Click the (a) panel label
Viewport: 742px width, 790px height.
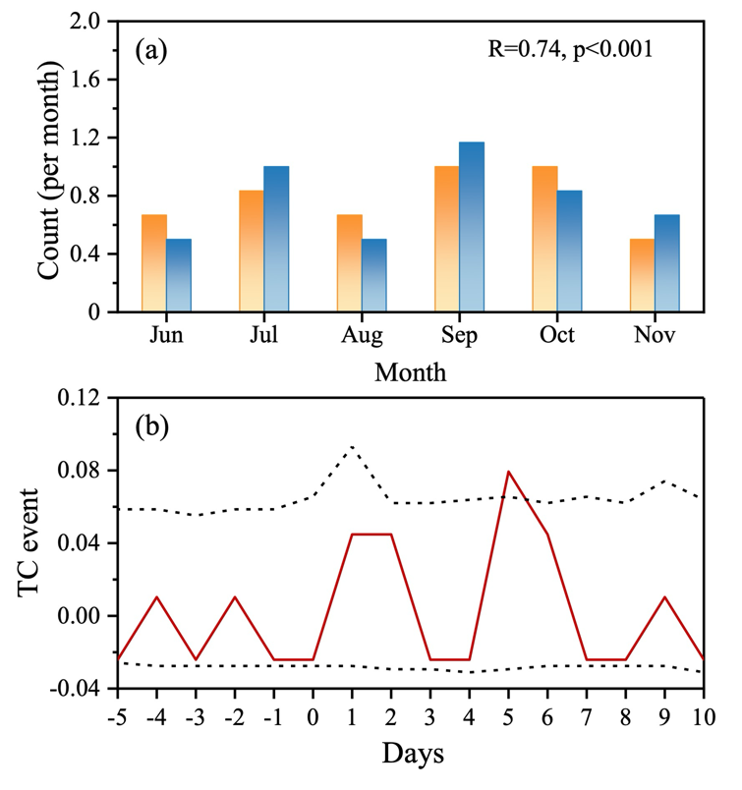152,49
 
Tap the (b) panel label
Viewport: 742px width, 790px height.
152,426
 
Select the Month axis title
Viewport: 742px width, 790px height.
411,372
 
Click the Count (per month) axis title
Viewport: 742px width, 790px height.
50,166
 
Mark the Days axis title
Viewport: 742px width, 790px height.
411,754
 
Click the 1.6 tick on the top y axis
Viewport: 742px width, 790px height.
87,80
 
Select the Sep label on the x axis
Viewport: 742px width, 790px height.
459,336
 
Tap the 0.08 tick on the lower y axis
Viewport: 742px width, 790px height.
81,471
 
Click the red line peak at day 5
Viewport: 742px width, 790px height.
508,472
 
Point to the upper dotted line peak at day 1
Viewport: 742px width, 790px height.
352,447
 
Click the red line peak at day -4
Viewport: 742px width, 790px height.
156,596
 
